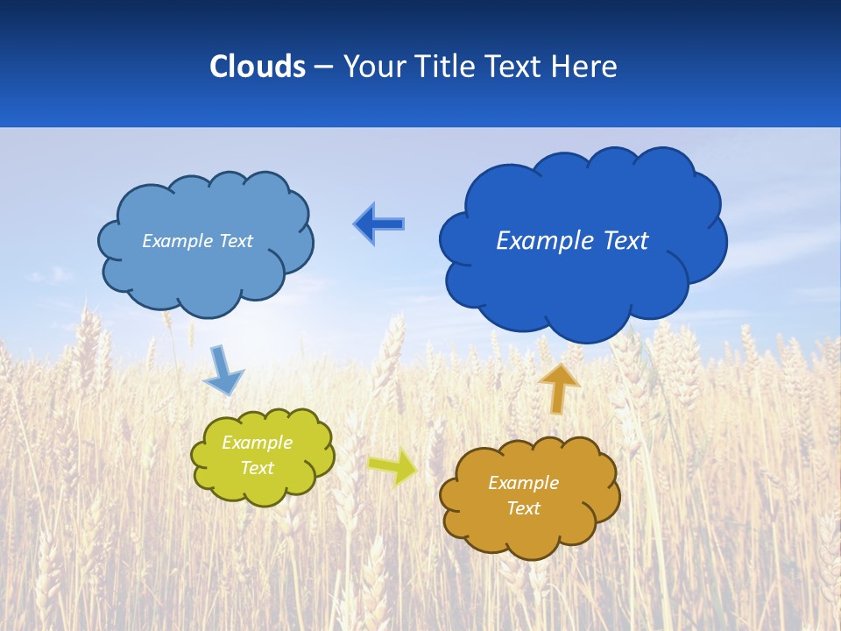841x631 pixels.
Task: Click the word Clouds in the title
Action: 258,67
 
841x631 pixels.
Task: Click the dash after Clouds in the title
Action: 323,67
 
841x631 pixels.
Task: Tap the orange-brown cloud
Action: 526,535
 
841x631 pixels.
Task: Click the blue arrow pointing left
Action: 378,224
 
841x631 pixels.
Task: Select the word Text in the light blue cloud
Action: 236,241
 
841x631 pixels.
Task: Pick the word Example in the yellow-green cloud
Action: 257,443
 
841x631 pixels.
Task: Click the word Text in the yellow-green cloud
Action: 257,468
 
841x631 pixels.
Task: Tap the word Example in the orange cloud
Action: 523,483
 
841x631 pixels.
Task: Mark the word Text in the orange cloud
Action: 523,508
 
